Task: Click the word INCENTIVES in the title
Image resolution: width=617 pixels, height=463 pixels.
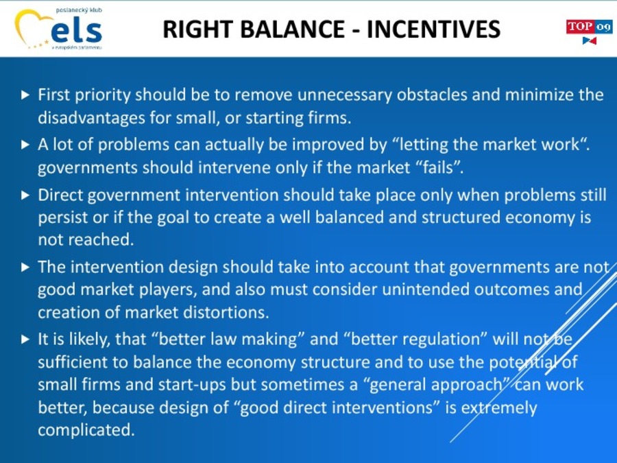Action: click(434, 29)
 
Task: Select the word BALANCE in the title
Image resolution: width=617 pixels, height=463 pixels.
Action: click(293, 29)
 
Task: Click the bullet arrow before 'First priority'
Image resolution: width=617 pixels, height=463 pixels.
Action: click(25, 95)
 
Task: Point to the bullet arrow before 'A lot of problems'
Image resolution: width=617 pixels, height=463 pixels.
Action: click(25, 145)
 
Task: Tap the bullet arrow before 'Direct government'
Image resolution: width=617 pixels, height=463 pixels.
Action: click(25, 195)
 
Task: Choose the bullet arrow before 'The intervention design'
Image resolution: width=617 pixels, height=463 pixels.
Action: click(25, 268)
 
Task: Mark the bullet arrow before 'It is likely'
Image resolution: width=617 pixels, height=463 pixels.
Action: click(25, 340)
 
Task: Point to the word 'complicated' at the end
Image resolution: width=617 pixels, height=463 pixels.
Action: click(86, 430)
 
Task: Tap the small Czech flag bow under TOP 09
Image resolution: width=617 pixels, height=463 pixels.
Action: click(590, 40)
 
